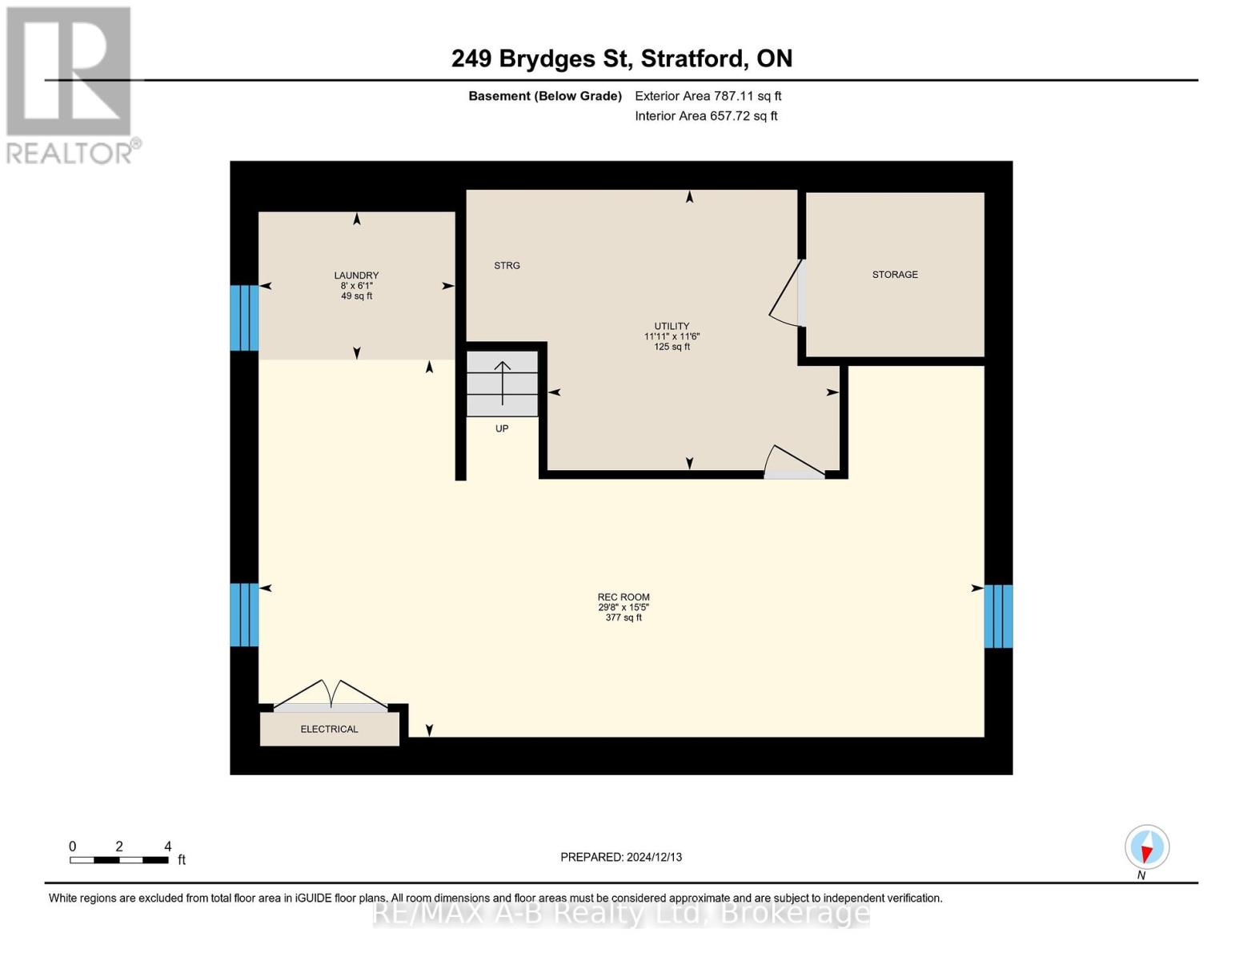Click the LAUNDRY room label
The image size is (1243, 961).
coord(356,275)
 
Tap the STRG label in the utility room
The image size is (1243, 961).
coord(507,265)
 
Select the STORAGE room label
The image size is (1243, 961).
coord(895,275)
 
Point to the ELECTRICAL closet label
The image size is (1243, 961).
coord(329,729)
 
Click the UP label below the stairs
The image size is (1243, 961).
coord(502,428)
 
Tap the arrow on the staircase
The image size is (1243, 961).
coord(503,383)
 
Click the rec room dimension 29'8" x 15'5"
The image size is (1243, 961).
coord(624,607)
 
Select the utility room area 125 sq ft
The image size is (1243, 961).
coord(672,347)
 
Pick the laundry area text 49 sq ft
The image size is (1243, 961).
coord(356,296)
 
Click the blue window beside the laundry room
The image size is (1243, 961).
coord(244,318)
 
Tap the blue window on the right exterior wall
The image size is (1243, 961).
coord(998,616)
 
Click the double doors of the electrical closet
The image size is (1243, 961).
coord(331,695)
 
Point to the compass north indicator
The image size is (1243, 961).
coord(1147,847)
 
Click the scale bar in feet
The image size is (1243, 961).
coord(118,859)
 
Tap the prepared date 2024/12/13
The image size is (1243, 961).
coord(621,857)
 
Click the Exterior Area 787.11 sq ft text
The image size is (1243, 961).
coord(708,96)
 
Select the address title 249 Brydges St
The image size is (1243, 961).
coord(621,58)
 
